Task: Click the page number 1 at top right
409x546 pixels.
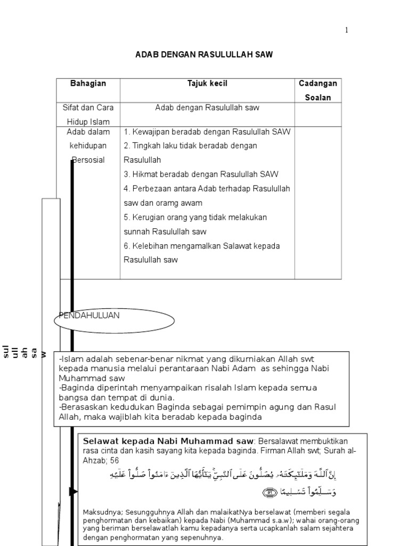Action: pos(346,30)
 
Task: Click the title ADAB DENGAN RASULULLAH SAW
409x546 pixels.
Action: pos(204,55)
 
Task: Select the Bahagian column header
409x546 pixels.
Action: pos(88,84)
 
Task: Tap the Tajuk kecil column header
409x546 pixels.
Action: pos(207,84)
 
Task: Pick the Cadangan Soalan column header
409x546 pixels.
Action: pos(318,90)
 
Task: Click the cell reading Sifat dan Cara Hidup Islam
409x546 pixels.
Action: pos(88,115)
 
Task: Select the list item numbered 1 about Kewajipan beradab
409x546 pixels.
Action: pos(207,132)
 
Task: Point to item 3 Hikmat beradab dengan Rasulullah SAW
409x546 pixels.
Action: pos(201,174)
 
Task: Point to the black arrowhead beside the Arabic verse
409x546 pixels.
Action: pos(73,491)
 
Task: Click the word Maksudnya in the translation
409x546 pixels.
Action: pos(99,513)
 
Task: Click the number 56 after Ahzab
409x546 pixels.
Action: pos(114,460)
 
